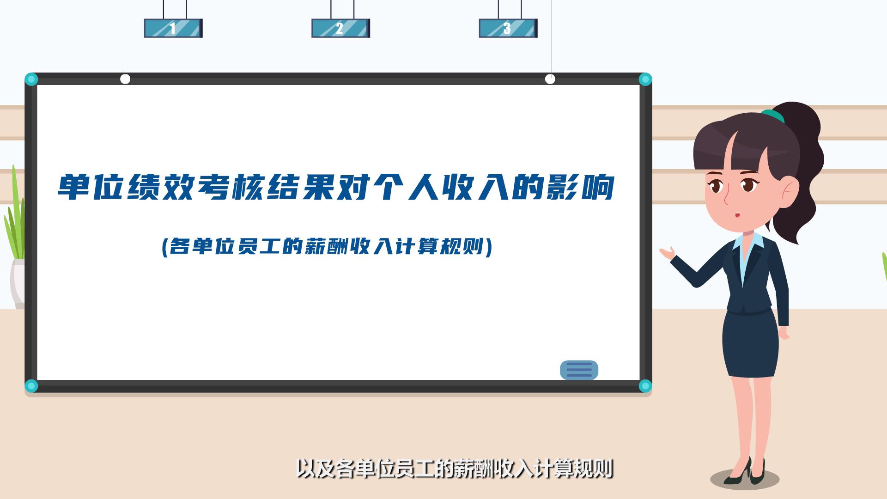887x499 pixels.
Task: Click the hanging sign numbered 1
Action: tap(173, 28)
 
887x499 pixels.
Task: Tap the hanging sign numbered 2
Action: tap(340, 28)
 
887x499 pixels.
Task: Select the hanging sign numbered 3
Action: tap(508, 28)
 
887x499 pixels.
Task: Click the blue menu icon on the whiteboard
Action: tap(579, 370)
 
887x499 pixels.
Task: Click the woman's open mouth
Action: tap(737, 215)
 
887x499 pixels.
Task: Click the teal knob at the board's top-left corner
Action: tap(31, 79)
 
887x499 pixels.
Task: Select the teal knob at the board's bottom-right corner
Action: tap(645, 386)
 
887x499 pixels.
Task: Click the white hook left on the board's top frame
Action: tap(125, 79)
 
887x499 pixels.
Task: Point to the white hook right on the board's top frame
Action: tap(550, 79)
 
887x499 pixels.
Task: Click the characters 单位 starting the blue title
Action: tap(91, 187)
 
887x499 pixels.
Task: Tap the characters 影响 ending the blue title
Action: tap(580, 187)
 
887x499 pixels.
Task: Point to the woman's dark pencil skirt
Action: tap(751, 343)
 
